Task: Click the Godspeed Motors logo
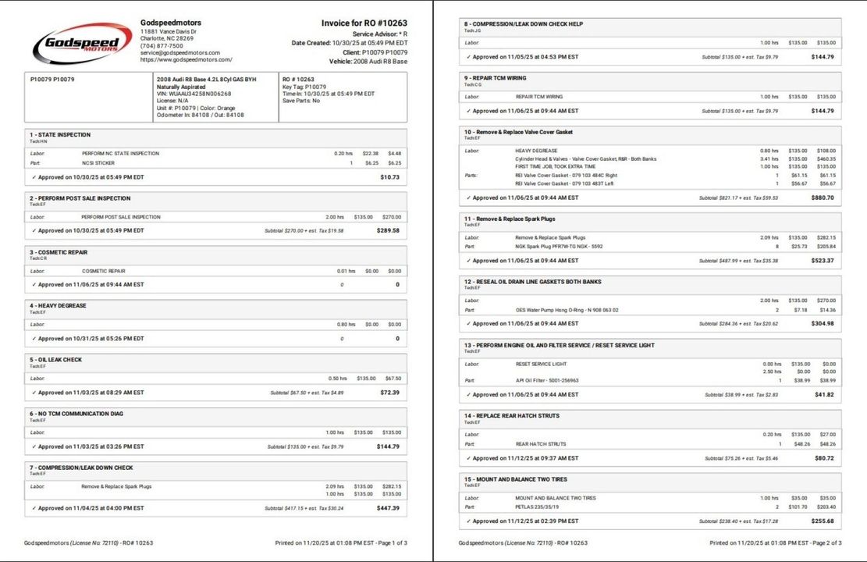click(82, 42)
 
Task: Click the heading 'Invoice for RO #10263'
click(364, 23)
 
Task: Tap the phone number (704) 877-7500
click(162, 45)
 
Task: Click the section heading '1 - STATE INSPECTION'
click(60, 135)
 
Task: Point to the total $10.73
click(389, 177)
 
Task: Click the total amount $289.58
click(388, 231)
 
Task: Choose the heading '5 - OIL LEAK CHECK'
click(55, 360)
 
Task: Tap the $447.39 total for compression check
click(388, 508)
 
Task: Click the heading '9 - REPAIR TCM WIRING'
click(495, 78)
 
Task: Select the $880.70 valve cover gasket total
click(823, 198)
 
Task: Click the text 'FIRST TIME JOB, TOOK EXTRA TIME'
click(555, 166)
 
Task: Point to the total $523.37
click(823, 261)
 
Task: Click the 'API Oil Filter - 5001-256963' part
click(547, 380)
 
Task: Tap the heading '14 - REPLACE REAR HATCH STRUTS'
click(511, 416)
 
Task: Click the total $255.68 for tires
click(823, 521)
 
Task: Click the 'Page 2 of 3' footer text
click(826, 542)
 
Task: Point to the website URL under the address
click(186, 59)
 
